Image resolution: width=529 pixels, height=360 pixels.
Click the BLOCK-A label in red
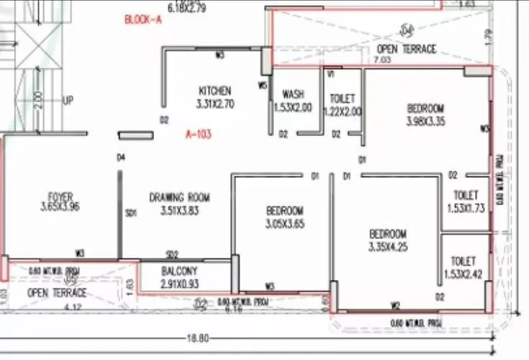click(x=144, y=19)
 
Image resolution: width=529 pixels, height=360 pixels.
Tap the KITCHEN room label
click(x=215, y=91)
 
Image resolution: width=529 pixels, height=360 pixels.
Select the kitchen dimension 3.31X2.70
click(x=215, y=104)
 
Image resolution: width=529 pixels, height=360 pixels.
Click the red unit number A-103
click(x=199, y=134)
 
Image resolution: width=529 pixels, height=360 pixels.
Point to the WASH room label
click(x=292, y=94)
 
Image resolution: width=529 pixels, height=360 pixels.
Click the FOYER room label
click(x=60, y=196)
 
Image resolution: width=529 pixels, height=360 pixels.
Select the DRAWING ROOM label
click(x=179, y=197)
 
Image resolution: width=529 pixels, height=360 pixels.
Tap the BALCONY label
click(x=179, y=271)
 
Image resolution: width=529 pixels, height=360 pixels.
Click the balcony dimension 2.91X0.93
click(x=179, y=284)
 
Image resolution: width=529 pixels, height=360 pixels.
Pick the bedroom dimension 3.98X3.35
click(x=426, y=122)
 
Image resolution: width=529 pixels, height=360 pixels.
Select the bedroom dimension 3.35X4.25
click(x=388, y=247)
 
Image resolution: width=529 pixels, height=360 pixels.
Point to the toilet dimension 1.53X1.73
click(x=466, y=208)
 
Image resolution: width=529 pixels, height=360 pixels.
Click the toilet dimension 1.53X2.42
click(x=466, y=274)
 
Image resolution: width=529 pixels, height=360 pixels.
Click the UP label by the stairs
click(x=68, y=100)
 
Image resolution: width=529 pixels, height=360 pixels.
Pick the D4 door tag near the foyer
click(x=121, y=158)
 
